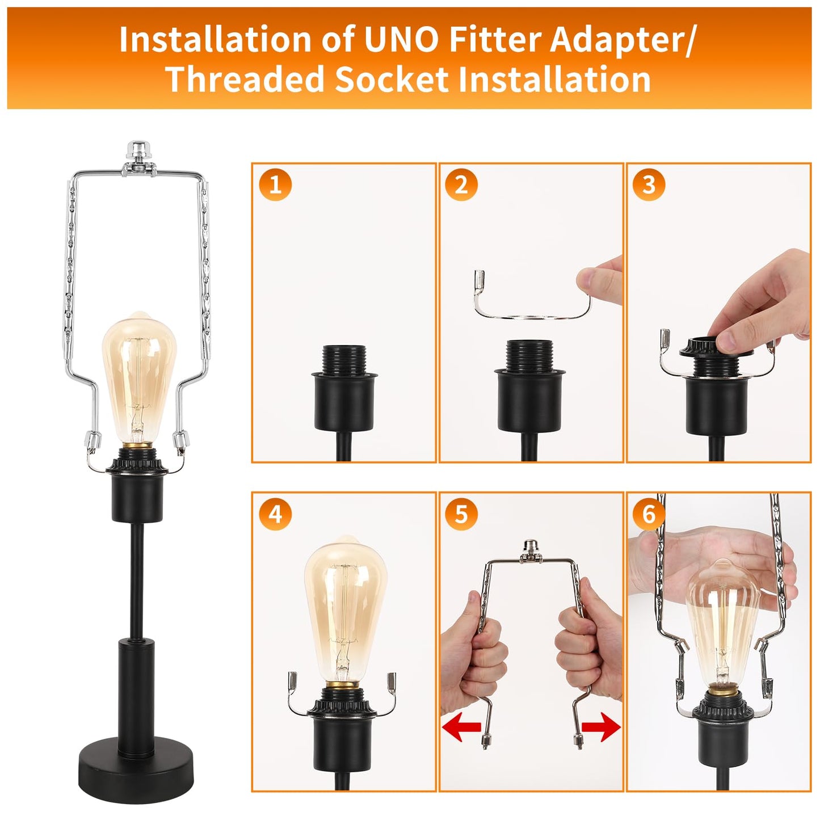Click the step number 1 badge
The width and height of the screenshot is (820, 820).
(x=275, y=184)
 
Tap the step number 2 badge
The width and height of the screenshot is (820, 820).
(x=461, y=184)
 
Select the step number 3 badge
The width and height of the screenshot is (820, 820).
(x=649, y=184)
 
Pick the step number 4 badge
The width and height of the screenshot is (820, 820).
(x=275, y=514)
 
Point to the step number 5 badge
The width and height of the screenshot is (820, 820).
(x=461, y=514)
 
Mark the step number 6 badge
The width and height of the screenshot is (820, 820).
(x=649, y=514)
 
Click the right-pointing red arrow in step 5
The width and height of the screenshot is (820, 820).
(x=602, y=726)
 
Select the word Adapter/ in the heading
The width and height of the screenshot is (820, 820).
(x=622, y=40)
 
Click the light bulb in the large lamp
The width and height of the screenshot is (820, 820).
(x=139, y=377)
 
